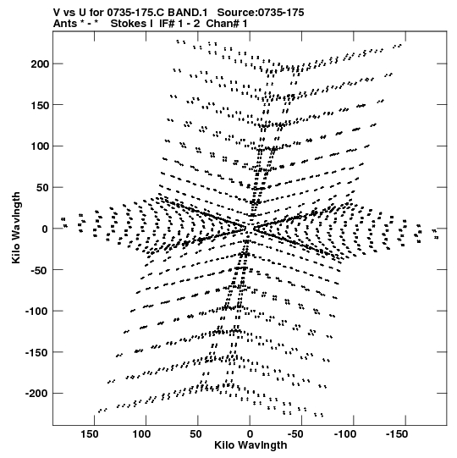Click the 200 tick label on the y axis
40,64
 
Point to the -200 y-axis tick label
37,394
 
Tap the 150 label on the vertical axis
40,105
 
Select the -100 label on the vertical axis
37,312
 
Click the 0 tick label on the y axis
45,229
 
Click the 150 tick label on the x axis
90,434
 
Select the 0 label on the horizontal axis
250,434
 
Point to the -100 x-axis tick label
345,434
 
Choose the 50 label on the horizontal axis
195,434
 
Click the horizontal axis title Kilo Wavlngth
251,445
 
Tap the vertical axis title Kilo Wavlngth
16,228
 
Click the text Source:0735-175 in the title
261,13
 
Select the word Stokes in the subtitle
128,24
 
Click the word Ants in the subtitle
65,24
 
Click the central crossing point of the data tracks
250,229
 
